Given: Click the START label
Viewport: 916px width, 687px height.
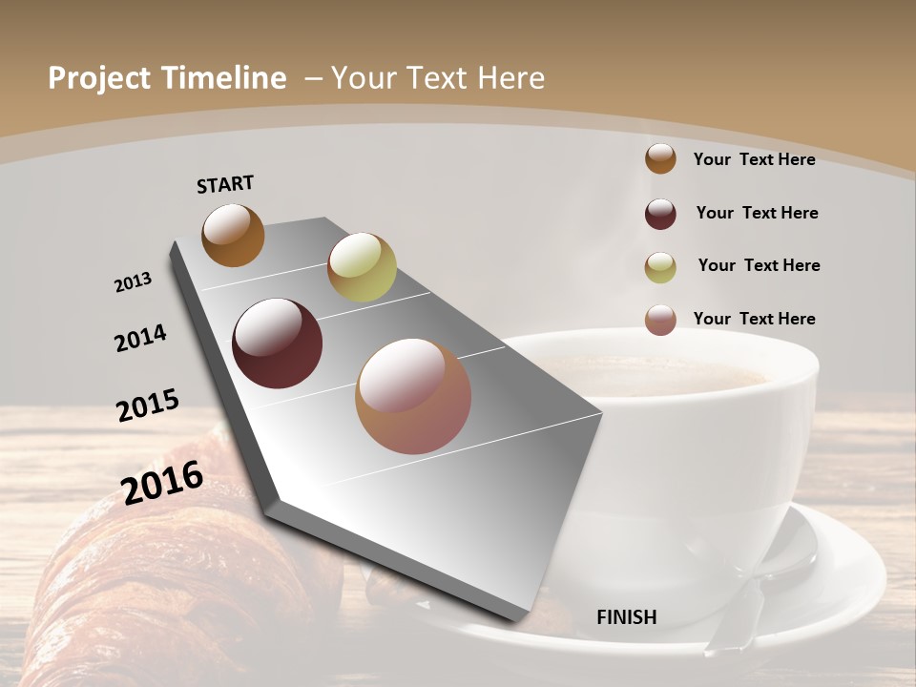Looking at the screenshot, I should click(225, 184).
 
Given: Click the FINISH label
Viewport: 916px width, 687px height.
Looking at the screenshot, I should click(627, 617).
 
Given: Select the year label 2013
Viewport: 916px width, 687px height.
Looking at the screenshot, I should click(133, 282).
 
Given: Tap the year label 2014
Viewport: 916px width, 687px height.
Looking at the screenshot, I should click(140, 338).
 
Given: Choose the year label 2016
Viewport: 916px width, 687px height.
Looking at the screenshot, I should click(162, 482).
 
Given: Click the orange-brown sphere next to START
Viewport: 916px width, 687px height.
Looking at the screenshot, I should click(233, 236).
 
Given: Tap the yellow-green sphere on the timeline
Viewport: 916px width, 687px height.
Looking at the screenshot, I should click(362, 267).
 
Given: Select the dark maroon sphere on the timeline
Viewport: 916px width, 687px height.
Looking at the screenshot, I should click(277, 343).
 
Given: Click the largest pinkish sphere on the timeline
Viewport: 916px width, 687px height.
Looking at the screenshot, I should click(413, 396).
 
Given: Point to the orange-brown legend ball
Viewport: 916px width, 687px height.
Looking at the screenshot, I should click(660, 158).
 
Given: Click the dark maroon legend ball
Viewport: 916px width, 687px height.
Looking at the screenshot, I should click(660, 214).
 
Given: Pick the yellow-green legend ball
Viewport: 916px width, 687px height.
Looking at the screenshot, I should click(660, 267).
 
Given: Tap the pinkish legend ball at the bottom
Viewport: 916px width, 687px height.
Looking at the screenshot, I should click(660, 320).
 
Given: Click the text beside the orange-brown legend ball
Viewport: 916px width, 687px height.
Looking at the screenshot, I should click(754, 159).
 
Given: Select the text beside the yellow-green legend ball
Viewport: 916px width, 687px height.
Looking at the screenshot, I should click(759, 265).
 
